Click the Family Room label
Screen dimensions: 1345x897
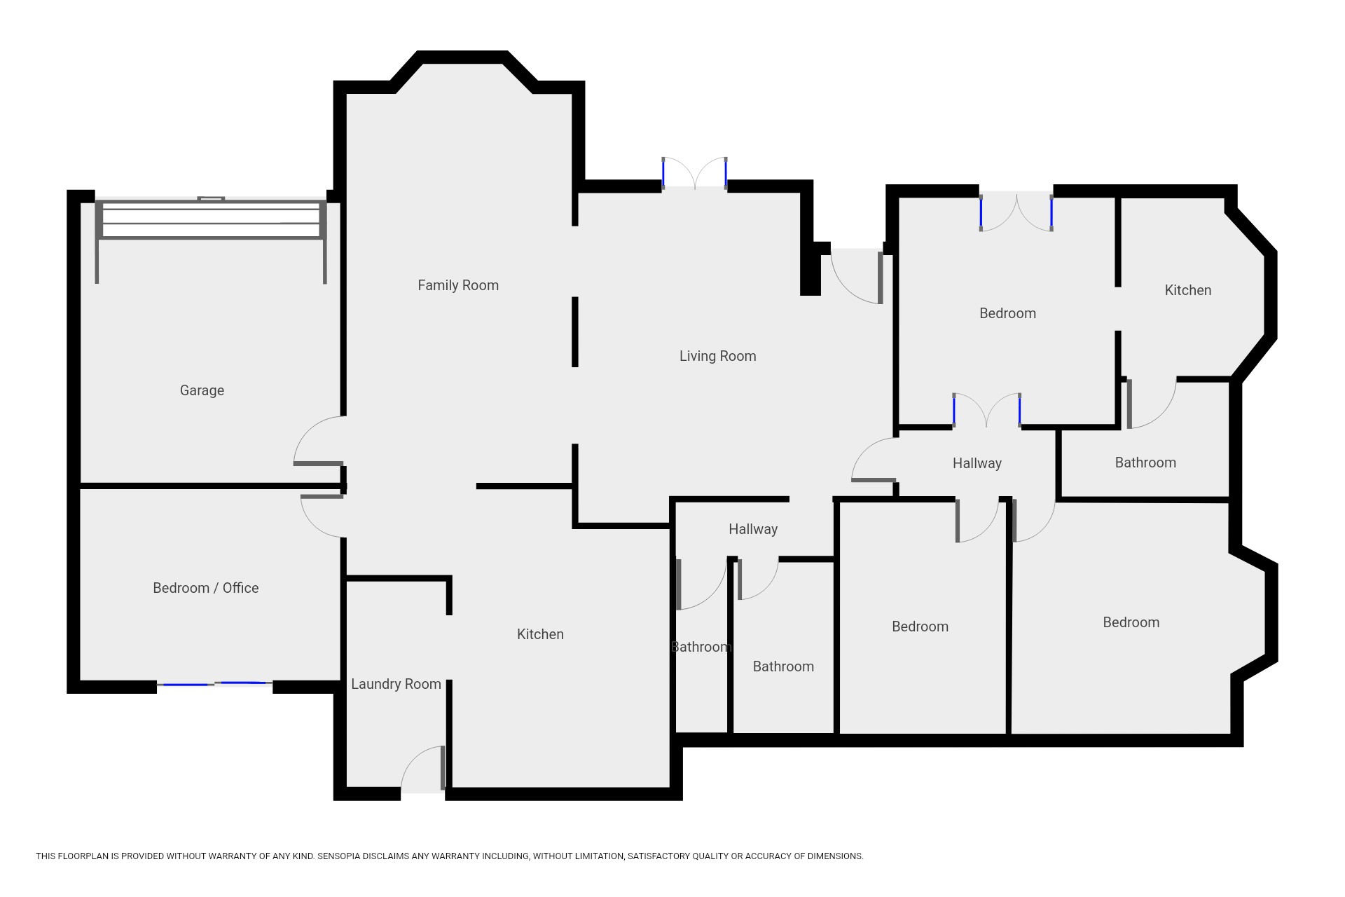[458, 285]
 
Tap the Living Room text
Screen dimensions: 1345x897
[717, 356]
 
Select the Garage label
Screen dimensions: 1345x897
[202, 390]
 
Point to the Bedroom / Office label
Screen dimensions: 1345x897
[205, 588]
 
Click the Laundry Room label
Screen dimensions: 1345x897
[396, 684]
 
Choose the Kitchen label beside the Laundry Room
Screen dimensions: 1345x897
[540, 634]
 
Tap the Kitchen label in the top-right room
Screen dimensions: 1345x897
[1187, 290]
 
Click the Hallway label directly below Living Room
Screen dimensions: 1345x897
[753, 529]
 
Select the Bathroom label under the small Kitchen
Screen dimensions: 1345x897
[1145, 463]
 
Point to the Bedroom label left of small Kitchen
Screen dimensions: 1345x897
[1007, 313]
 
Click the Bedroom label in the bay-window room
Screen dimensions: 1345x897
[1131, 622]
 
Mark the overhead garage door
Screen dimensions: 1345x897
[211, 219]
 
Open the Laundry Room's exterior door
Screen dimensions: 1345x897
[423, 769]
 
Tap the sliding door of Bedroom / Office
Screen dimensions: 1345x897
[214, 683]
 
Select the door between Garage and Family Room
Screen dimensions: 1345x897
[319, 441]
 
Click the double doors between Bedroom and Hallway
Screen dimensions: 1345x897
[986, 411]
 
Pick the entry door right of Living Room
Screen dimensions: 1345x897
[857, 276]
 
